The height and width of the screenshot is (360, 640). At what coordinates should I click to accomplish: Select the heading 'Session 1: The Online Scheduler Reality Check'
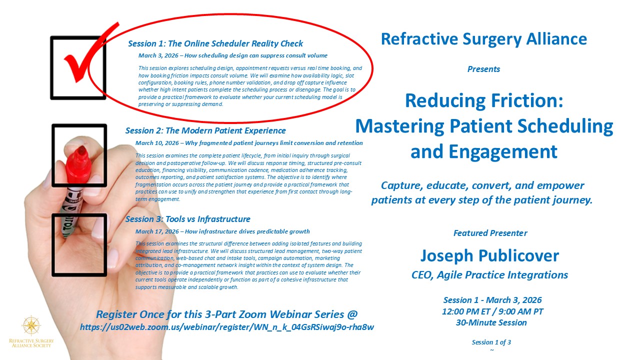[x=215, y=43]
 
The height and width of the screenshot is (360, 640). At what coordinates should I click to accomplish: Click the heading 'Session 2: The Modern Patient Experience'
[x=205, y=130]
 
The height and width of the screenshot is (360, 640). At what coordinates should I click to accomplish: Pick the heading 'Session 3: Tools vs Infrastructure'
[x=187, y=219]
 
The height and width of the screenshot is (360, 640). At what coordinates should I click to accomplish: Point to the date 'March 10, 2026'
[x=157, y=143]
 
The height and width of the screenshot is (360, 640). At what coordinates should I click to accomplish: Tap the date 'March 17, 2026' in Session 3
[x=157, y=231]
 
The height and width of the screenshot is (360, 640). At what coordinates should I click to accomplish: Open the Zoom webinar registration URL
[x=227, y=327]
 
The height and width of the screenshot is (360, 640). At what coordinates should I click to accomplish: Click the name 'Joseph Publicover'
[x=489, y=255]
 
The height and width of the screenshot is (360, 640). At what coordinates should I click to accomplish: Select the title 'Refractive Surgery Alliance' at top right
[x=484, y=39]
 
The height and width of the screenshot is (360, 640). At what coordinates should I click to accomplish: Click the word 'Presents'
[x=483, y=69]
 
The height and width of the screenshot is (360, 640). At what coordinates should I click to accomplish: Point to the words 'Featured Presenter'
[x=490, y=233]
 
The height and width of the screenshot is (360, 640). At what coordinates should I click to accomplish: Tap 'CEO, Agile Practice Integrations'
[x=489, y=275]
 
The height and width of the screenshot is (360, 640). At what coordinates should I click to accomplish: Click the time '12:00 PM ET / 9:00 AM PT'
[x=492, y=311]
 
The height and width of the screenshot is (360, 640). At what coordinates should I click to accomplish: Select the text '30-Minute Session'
[x=491, y=322]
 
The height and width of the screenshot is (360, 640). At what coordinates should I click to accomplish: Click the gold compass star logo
[x=31, y=325]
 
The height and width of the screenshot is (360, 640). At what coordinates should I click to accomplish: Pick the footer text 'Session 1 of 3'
[x=491, y=342]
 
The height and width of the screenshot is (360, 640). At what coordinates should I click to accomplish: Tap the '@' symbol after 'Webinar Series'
[x=352, y=314]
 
